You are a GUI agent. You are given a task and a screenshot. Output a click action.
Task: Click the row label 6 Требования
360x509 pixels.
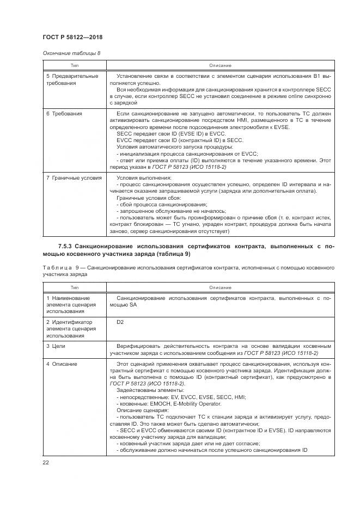coord(64,114)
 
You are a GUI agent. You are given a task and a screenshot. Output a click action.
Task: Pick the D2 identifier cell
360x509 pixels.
coord(120,322)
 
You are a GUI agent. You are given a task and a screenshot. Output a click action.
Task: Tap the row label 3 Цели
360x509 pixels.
coord(56,346)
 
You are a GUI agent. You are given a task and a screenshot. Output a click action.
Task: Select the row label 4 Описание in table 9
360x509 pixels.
coord(62,364)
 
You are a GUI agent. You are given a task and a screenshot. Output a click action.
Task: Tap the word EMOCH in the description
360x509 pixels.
coord(160,404)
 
